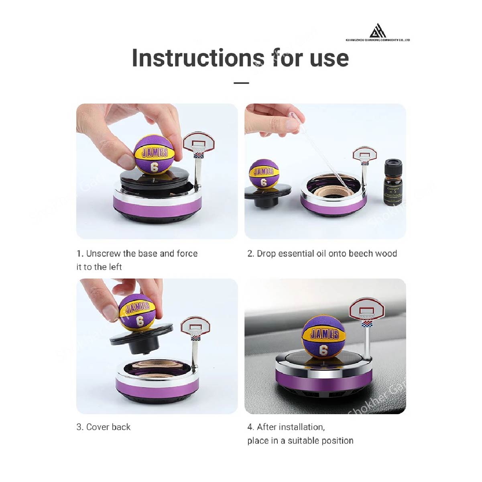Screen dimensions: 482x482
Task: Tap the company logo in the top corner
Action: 377,31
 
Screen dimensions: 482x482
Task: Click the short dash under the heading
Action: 241,83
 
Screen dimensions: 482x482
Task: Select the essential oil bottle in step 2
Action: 393,183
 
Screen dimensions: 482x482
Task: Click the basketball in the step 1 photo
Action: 155,155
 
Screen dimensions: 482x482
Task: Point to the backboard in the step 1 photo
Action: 199,142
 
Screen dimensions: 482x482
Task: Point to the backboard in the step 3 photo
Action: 196,326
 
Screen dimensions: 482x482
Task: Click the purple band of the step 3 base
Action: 157,386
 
